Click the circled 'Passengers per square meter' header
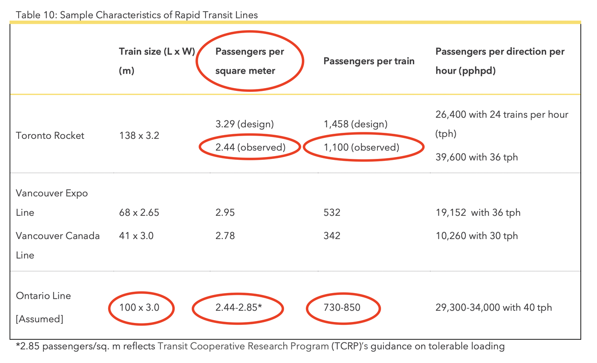pos(250,61)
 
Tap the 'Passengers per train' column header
pos(369,61)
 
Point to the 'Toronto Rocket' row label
pos(50,136)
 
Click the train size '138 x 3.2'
pos(139,136)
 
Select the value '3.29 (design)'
pos(244,124)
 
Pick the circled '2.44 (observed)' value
pos(250,148)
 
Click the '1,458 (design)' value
pos(355,124)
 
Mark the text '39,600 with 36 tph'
pos(477,158)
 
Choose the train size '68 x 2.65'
pos(139,212)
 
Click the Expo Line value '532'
pos(332,212)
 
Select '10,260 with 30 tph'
pos(477,236)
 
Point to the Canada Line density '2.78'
pos(225,236)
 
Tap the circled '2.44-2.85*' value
pos(238,308)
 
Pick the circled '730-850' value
pos(343,308)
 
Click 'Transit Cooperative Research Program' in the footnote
pos(243,346)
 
